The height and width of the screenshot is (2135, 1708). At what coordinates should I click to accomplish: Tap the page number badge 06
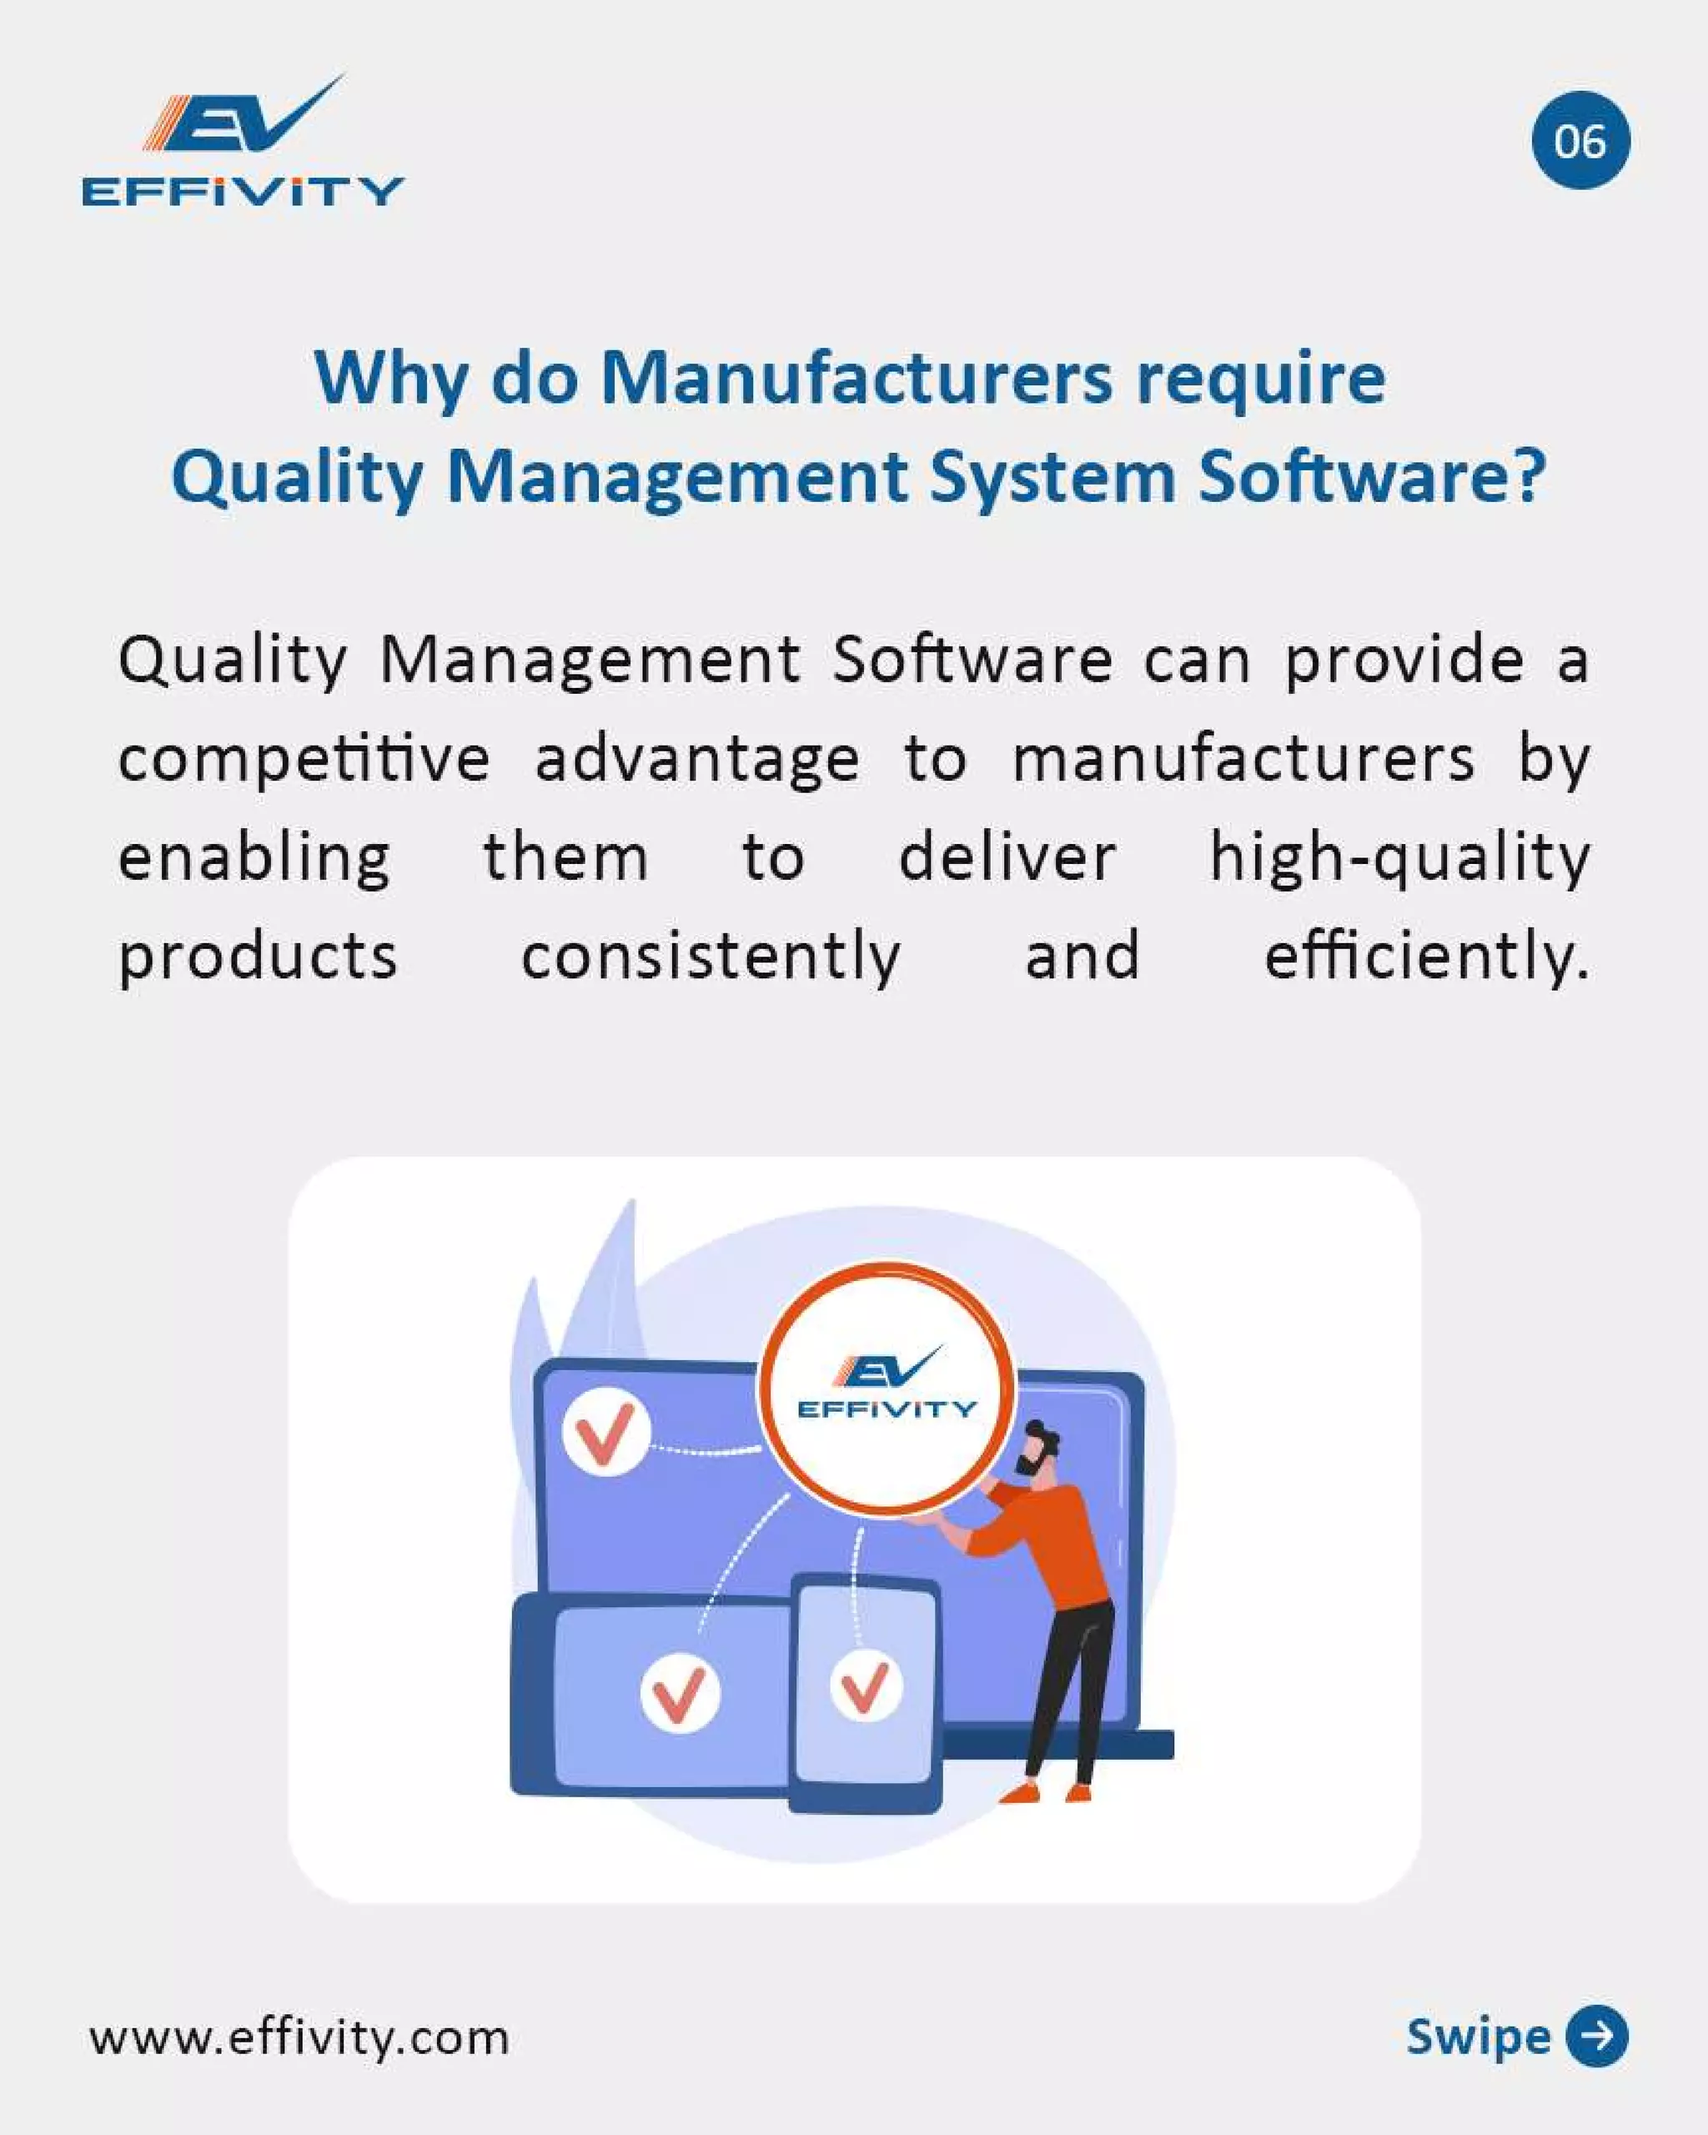1580,141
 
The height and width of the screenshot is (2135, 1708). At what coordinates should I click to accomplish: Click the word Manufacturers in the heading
857,379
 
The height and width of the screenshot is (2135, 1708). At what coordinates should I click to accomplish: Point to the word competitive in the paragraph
304,761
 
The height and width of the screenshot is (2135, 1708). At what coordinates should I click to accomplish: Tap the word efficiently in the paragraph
1426,957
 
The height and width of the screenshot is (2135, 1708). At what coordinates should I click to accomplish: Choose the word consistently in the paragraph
710,957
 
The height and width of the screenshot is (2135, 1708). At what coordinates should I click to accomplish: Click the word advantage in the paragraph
697,761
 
